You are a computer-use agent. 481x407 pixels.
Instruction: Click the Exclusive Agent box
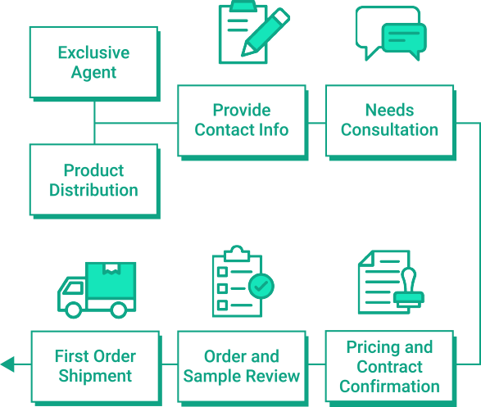[95, 64]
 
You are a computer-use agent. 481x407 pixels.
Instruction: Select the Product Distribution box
[95, 181]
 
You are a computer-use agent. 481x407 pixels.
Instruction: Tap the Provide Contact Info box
[243, 122]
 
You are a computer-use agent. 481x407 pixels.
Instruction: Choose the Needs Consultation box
[391, 122]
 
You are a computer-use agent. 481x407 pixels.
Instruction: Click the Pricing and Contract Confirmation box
[391, 369]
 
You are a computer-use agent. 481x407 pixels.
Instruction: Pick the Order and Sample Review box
[243, 369]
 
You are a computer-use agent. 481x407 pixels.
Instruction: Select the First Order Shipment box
[97, 369]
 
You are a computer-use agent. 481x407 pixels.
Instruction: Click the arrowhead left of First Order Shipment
[7, 364]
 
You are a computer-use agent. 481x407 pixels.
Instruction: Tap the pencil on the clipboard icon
[265, 33]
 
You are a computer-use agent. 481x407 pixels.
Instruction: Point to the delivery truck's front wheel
[73, 310]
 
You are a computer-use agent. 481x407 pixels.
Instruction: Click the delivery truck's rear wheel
[119, 310]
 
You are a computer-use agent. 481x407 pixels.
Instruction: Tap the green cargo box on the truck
[111, 280]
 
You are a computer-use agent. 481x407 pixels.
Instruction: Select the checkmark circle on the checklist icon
[261, 286]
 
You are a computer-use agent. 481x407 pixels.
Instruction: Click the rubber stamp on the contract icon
[409, 287]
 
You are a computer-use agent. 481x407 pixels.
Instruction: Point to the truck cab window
[73, 288]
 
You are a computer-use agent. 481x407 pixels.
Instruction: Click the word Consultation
[389, 129]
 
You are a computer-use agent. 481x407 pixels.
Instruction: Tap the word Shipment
[95, 376]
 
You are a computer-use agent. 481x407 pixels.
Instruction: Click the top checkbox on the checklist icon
[222, 272]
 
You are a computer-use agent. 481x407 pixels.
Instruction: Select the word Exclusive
[94, 52]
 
